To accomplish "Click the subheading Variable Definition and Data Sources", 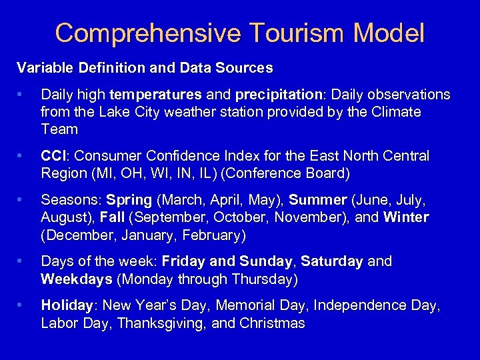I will point(145,67).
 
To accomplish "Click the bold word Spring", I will point(129,200).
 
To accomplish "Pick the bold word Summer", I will point(317,200).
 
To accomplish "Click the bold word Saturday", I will point(331,261).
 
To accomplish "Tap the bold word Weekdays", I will point(76,279).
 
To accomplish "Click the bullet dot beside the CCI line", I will point(23,156).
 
